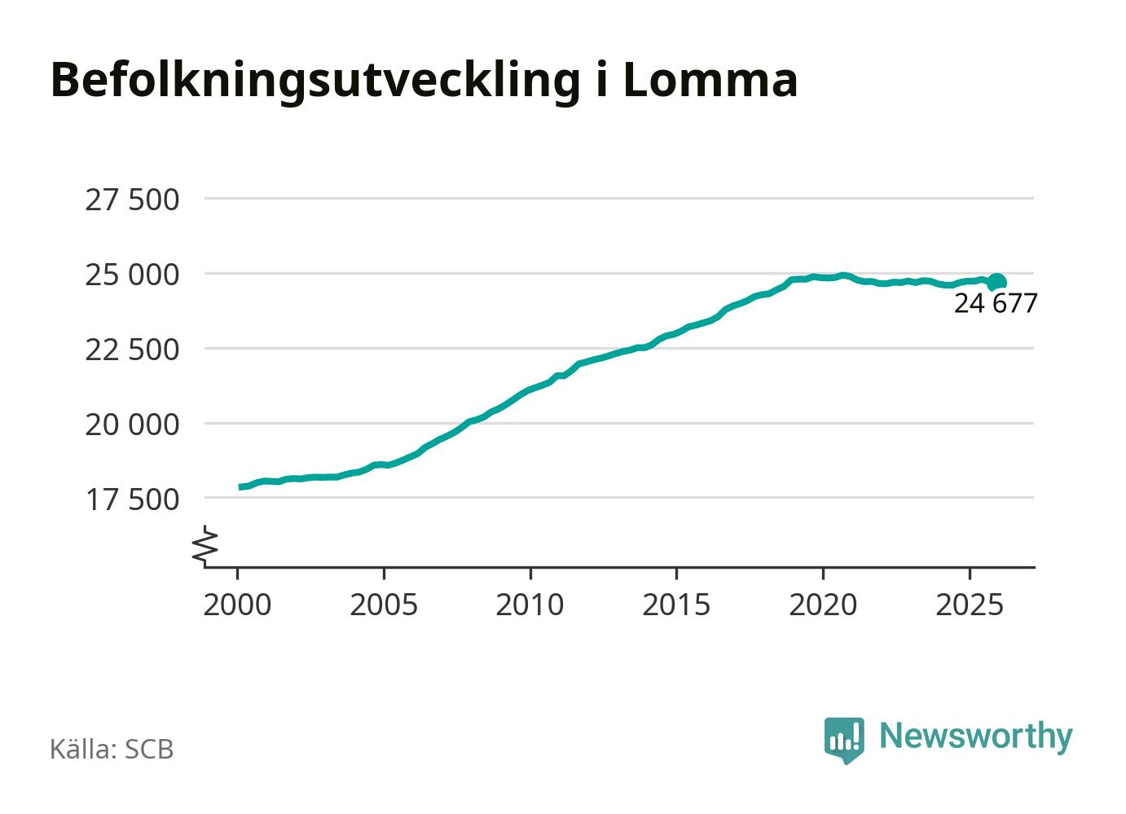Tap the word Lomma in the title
tap(710, 80)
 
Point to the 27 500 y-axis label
tap(132, 200)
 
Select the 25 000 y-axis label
tap(132, 275)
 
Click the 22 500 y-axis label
tap(132, 350)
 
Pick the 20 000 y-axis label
tap(132, 425)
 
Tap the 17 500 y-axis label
tap(132, 499)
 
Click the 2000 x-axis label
tap(237, 605)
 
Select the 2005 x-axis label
tap(384, 605)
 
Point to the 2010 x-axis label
tap(530, 605)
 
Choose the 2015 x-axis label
tap(676, 605)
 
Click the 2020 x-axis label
tap(823, 605)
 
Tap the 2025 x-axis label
tap(969, 605)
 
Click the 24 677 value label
tap(996, 304)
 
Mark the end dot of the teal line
tap(996, 282)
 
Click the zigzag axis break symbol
tap(206, 545)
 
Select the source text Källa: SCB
tap(112, 749)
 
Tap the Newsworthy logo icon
tap(844, 739)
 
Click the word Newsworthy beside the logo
tap(976, 736)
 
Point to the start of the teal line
tap(240, 487)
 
